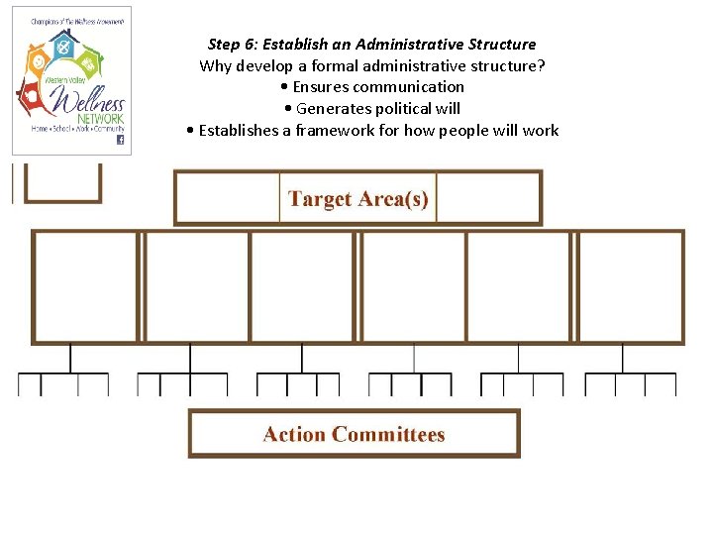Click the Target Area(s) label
[357, 198]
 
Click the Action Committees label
[354, 434]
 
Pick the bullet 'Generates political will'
[377, 109]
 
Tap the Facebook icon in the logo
[121, 140]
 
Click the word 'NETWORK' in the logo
[103, 118]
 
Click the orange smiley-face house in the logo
[37, 61]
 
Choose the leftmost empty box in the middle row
[86, 286]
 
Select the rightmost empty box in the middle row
[630, 286]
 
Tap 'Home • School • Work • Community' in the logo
[77, 129]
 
